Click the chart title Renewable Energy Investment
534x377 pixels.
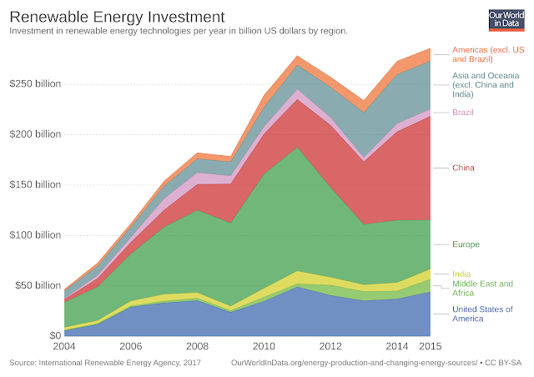pos(117,16)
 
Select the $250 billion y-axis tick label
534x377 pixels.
pos(35,84)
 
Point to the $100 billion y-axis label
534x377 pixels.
pos(35,235)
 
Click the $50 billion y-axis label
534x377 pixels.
pos(38,285)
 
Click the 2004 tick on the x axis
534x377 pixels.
pos(65,347)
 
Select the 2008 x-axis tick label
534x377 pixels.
pos(196,347)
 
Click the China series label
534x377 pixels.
pos(463,168)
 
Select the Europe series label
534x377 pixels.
pos(466,244)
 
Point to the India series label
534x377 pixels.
pos(461,274)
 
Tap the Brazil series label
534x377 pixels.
pos(463,112)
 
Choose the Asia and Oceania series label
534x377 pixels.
pos(488,84)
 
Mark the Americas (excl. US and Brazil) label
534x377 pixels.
pos(488,54)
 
